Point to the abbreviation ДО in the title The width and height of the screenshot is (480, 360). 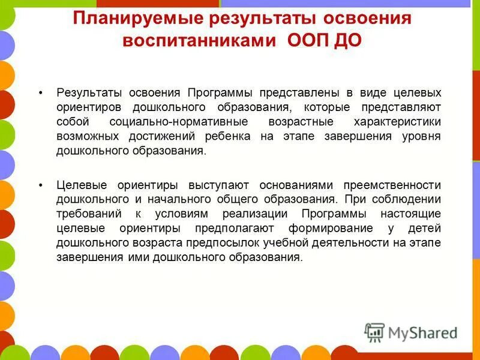tap(347, 41)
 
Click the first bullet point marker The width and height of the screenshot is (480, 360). tap(41, 93)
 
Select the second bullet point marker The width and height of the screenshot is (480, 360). tap(41, 185)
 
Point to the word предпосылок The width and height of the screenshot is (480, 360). tap(232, 242)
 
